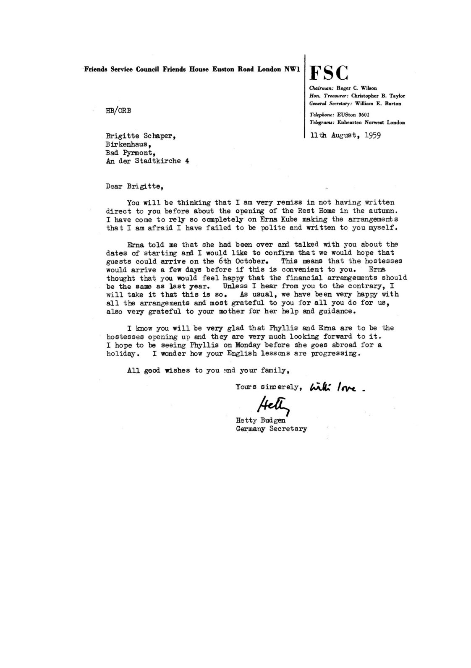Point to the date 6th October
point(244,270)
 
